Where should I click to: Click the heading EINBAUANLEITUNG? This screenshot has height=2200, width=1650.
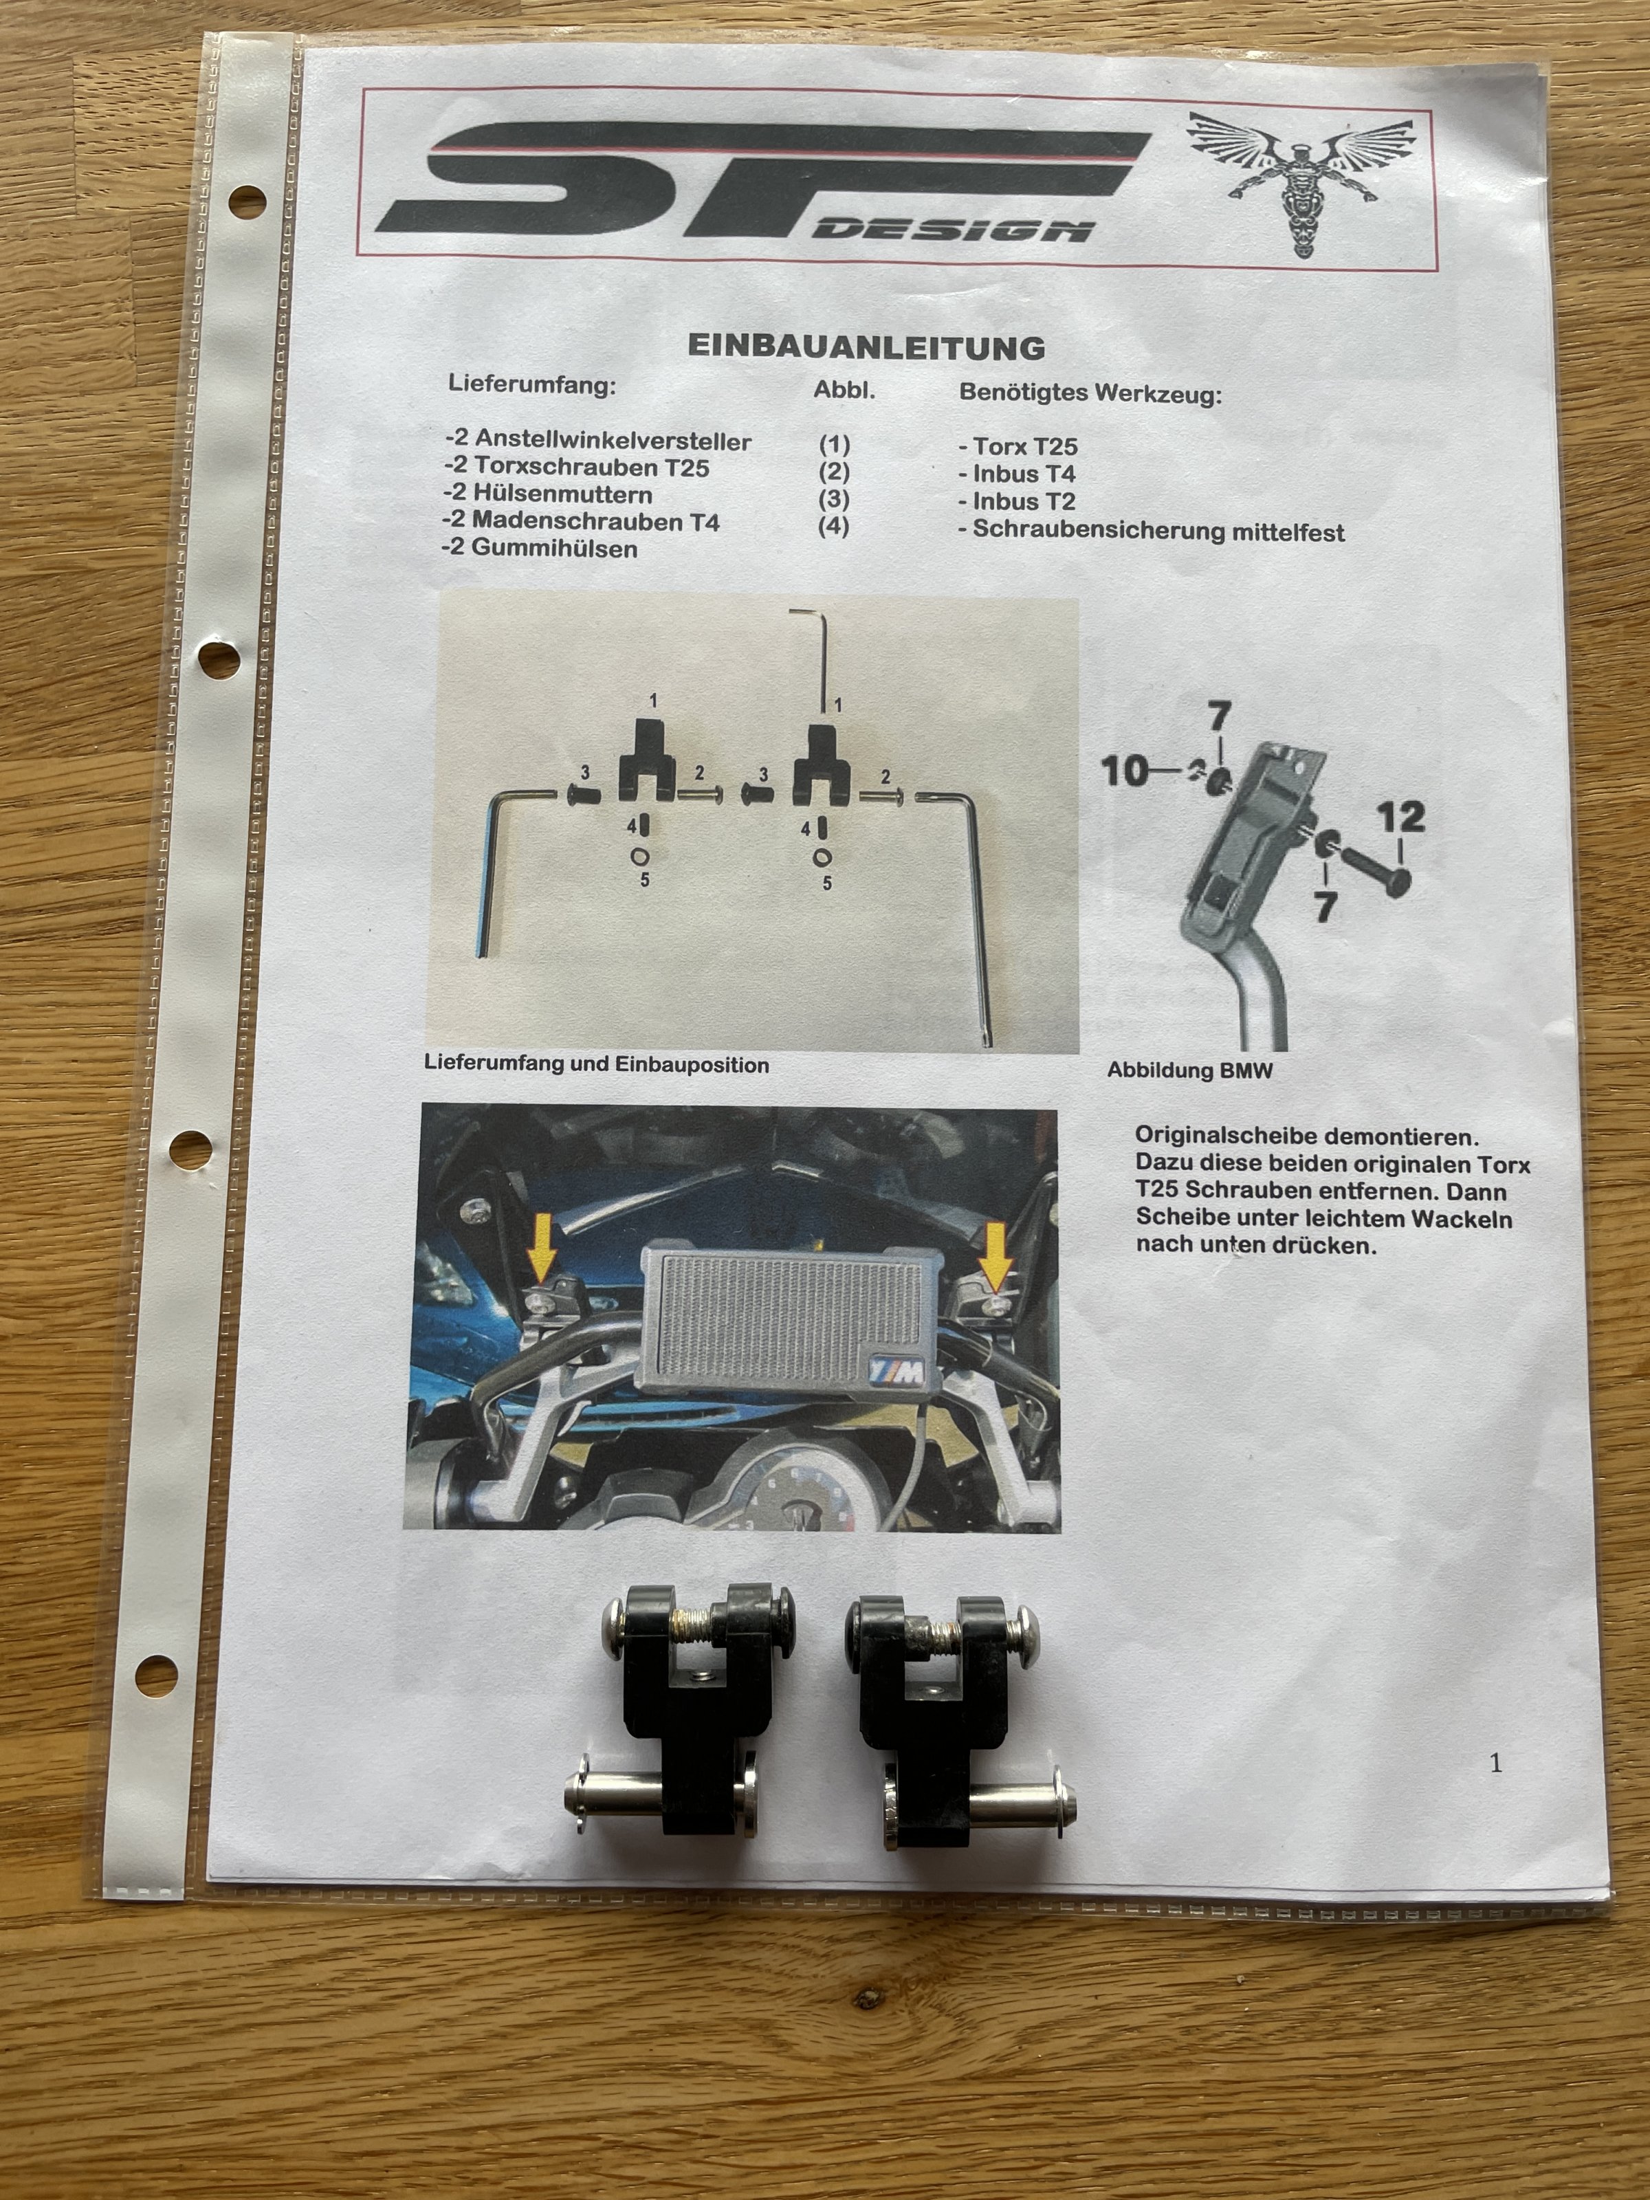(x=866, y=347)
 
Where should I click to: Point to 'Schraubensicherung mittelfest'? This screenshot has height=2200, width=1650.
(x=1152, y=531)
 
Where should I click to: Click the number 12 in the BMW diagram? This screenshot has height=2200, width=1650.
(x=1400, y=817)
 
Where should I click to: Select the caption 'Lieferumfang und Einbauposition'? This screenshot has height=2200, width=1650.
(x=597, y=1063)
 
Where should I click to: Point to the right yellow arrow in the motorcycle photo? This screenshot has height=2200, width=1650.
(x=995, y=1250)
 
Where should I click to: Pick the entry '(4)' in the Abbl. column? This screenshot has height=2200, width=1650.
(x=833, y=525)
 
